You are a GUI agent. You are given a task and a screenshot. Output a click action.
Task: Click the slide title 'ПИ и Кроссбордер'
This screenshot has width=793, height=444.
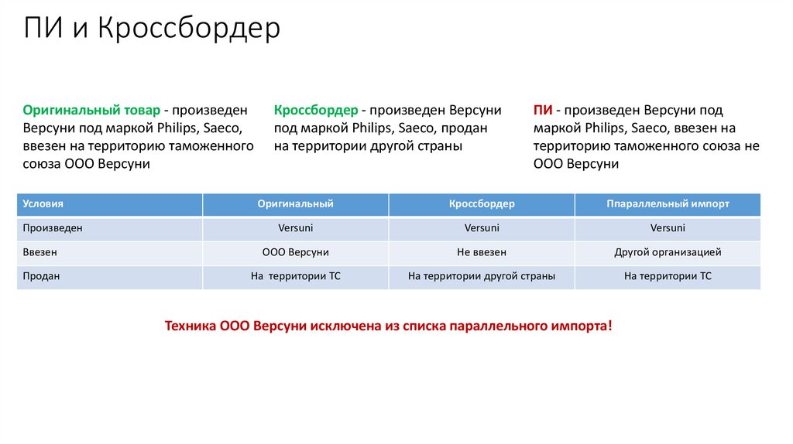[x=152, y=29]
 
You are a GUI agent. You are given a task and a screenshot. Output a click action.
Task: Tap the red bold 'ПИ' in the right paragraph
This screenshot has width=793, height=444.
[x=542, y=111]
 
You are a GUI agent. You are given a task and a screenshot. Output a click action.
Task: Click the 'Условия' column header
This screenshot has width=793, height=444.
[x=43, y=204]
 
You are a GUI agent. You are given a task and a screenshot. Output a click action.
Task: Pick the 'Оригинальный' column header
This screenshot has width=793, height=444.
[x=296, y=204]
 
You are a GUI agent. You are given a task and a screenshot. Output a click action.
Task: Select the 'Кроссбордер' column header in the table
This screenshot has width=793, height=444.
[x=482, y=204]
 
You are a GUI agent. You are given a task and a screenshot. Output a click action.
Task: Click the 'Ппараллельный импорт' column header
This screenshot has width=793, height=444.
[x=668, y=204]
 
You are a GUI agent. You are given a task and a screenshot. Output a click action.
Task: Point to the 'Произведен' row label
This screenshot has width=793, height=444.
[x=52, y=228]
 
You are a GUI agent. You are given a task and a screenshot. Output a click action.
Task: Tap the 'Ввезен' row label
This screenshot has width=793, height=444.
[x=39, y=252]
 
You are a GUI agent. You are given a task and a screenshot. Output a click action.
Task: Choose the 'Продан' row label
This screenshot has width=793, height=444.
[x=41, y=276]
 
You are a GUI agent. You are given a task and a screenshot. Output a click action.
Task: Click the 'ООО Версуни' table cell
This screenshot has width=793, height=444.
[x=296, y=252]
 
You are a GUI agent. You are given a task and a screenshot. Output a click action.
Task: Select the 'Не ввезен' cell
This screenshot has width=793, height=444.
[x=482, y=252]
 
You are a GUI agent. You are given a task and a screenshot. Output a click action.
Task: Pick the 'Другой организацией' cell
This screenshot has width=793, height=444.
[x=668, y=252]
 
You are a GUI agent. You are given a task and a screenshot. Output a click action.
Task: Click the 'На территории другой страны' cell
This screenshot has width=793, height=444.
[x=482, y=276]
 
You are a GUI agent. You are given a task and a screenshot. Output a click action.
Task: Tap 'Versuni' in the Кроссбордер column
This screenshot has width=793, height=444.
[x=482, y=228]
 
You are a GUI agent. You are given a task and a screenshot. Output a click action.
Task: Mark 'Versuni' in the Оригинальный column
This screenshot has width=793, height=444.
[x=296, y=228]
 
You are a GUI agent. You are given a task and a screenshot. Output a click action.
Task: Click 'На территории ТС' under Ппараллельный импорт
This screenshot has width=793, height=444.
[x=668, y=276]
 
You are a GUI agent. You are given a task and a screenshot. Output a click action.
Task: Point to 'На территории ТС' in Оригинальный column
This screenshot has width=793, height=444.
[x=296, y=276]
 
